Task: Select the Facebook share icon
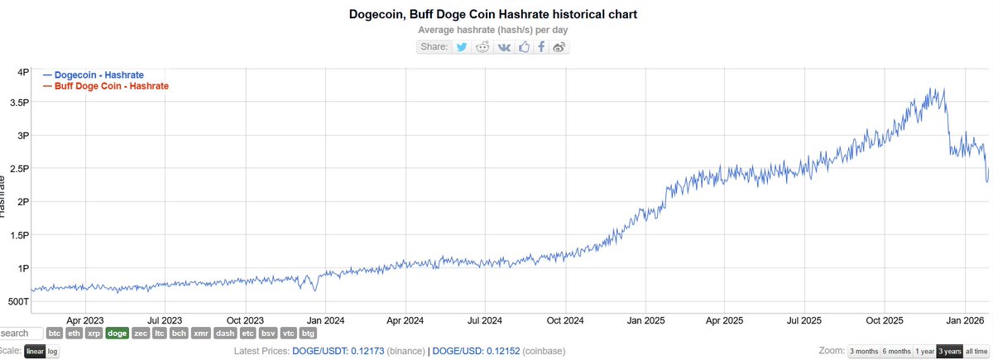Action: coord(541,46)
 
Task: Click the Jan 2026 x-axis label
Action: coord(965,319)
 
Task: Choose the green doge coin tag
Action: coord(117,334)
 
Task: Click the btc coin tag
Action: coord(55,334)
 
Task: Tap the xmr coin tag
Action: coord(200,334)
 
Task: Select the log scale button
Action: coord(52,352)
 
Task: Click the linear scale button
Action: coord(34,352)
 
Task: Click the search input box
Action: coord(19,334)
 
